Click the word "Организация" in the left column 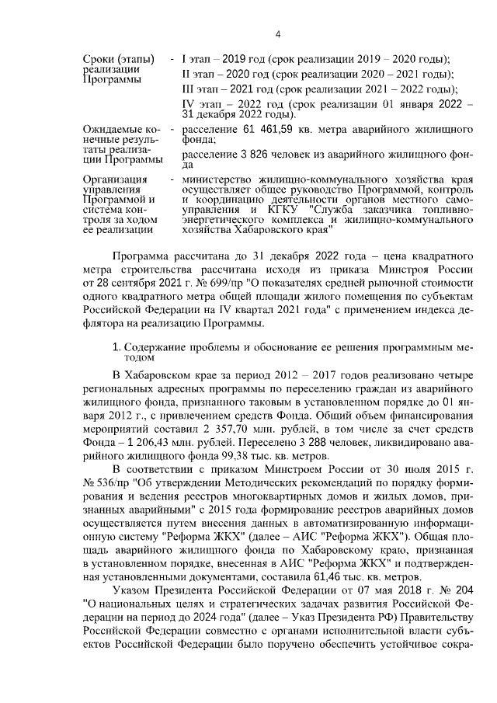[115, 179]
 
